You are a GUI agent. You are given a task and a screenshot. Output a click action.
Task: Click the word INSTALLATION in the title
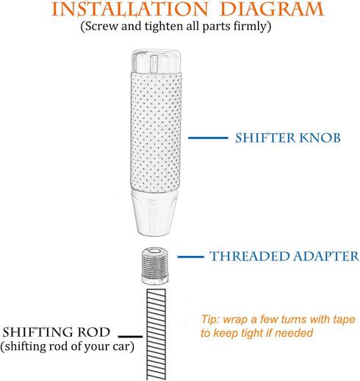(x=130, y=10)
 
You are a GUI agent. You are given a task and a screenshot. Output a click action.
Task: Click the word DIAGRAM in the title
(x=272, y=10)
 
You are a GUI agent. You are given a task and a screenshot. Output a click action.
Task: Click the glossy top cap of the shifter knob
(x=156, y=61)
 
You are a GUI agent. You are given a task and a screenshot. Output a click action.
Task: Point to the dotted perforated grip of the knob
(x=156, y=132)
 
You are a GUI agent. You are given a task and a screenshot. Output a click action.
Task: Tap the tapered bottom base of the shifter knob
(x=155, y=213)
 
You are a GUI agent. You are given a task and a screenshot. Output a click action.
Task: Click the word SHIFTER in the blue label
(x=265, y=138)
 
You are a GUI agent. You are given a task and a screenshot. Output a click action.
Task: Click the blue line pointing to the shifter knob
(x=208, y=138)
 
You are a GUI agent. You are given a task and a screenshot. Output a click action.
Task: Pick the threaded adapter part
(x=155, y=266)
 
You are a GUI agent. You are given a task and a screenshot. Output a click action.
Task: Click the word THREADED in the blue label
(x=250, y=257)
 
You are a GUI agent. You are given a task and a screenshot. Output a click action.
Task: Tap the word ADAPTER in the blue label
(x=326, y=257)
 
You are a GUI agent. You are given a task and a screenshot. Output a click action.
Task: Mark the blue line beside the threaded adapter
(x=191, y=257)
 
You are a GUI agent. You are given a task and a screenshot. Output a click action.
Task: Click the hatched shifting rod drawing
(x=156, y=335)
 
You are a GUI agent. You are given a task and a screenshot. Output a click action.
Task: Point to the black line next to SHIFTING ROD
(x=130, y=336)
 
